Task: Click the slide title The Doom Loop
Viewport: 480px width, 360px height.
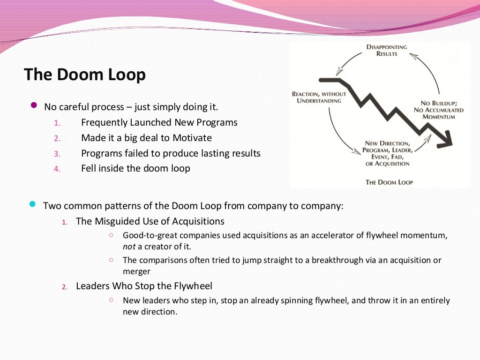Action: pyautogui.click(x=85, y=75)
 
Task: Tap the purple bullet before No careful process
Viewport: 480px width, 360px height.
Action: pyautogui.click(x=33, y=105)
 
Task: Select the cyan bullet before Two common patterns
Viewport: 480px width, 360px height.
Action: pyautogui.click(x=32, y=204)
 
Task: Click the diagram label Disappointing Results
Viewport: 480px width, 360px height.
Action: pyautogui.click(x=387, y=50)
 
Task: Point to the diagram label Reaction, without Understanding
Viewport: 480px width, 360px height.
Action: pyautogui.click(x=319, y=97)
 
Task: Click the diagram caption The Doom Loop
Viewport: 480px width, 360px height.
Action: pyautogui.click(x=389, y=182)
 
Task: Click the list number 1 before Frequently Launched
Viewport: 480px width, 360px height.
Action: pyautogui.click(x=57, y=123)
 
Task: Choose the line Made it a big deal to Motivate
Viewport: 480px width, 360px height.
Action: pyautogui.click(x=146, y=138)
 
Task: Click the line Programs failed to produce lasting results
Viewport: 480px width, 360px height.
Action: pyautogui.click(x=171, y=153)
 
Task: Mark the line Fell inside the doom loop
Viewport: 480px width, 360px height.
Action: pyautogui.click(x=135, y=168)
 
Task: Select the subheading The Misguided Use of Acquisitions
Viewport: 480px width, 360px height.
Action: pyautogui.click(x=150, y=221)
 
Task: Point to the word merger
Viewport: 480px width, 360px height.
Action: pyautogui.click(x=136, y=271)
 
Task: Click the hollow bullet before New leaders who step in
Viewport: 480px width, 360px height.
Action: pyautogui.click(x=111, y=300)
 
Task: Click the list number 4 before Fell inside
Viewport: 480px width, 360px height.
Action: pyautogui.click(x=57, y=169)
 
